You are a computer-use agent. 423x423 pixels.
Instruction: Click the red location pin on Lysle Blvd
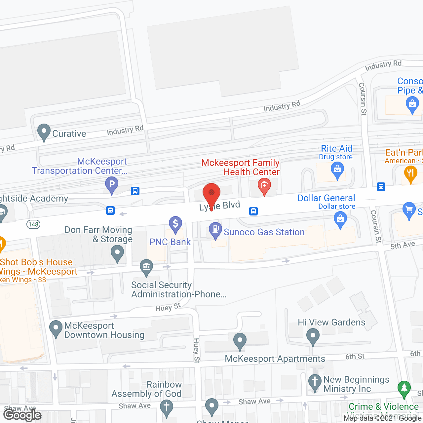point(211,193)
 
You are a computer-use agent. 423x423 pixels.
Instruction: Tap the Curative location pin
point(44,132)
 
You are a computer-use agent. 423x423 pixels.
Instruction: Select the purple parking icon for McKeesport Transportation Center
point(112,184)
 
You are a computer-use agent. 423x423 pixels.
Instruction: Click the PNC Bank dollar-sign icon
point(175,224)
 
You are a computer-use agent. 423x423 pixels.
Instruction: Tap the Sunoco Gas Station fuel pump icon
point(215,230)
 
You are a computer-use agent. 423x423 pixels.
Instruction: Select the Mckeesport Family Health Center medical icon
point(264,186)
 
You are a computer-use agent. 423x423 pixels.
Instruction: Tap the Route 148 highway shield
point(33,224)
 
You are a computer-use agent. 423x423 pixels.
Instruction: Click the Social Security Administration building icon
point(146,267)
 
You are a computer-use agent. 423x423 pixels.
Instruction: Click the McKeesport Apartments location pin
point(240,340)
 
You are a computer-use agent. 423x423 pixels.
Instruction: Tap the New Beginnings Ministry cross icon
point(315,381)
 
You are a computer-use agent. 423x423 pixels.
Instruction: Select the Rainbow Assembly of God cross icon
point(167,407)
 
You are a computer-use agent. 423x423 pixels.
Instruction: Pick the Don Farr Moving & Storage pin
point(117,253)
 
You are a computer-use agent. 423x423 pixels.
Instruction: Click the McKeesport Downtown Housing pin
point(56,328)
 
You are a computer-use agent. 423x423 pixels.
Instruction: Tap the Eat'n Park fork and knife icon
point(410,173)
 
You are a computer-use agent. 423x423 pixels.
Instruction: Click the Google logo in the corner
point(22,415)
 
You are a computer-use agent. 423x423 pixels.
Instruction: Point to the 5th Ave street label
point(403,245)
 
